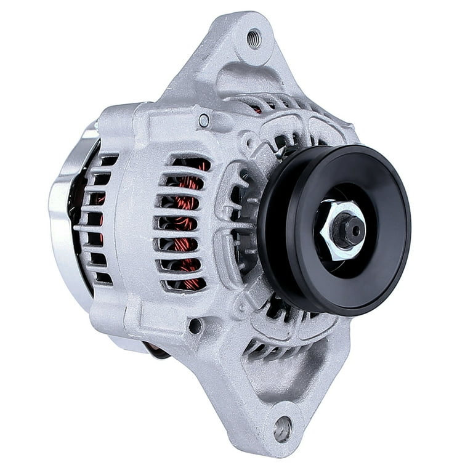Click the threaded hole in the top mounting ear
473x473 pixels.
[253, 39]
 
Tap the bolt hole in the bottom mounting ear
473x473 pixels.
[283, 428]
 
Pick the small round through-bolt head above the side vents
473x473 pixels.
[204, 121]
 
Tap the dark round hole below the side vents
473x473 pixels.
[195, 326]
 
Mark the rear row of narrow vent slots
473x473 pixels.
[95, 222]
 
